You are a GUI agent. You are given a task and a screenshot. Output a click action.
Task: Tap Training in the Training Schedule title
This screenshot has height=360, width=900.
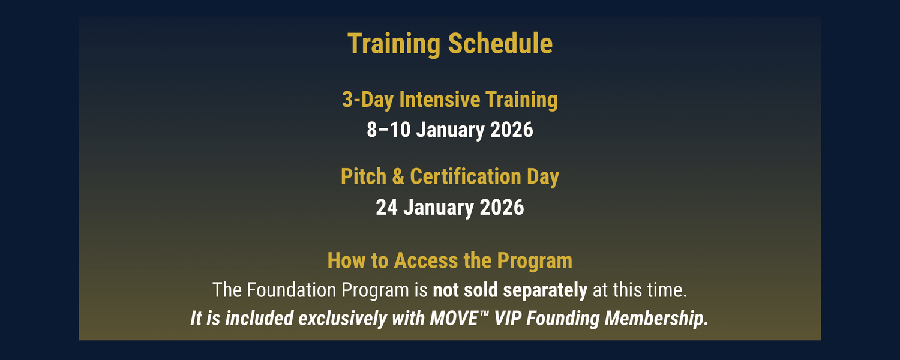[x=394, y=44]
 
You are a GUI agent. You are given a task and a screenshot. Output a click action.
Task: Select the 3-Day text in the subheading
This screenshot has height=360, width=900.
[x=367, y=100]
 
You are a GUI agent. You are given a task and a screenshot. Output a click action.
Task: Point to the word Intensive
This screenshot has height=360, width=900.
[x=440, y=99]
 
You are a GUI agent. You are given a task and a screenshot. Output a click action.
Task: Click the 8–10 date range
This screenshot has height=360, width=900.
[x=389, y=130]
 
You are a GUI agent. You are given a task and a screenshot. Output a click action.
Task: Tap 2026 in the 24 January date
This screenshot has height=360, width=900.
[x=502, y=208]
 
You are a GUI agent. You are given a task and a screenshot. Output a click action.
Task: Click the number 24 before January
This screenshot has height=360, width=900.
[x=386, y=208]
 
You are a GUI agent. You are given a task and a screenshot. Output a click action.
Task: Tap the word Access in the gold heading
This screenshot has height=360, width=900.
[x=426, y=261]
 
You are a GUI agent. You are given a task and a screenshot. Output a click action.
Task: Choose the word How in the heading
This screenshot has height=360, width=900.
[x=346, y=261]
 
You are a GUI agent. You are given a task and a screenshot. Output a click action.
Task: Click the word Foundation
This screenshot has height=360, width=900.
[x=291, y=290]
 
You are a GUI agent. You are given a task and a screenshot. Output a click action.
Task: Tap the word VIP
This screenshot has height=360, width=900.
[x=508, y=319]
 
